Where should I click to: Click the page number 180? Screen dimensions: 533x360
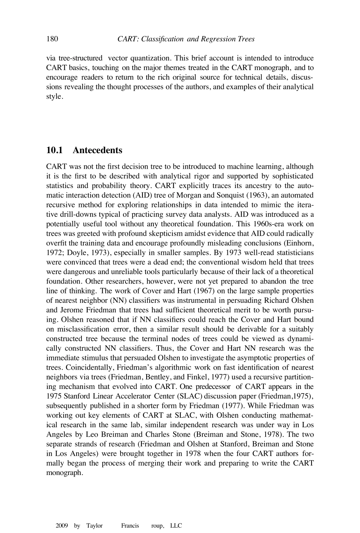pyautogui.click(x=52, y=39)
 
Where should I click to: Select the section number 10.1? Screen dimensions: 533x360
pyautogui.click(x=54, y=150)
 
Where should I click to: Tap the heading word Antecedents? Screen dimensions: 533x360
pyautogui.click(x=97, y=150)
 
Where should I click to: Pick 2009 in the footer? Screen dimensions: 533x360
pyautogui.click(x=62, y=526)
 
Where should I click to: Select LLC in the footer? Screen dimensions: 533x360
pyautogui.click(x=176, y=526)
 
